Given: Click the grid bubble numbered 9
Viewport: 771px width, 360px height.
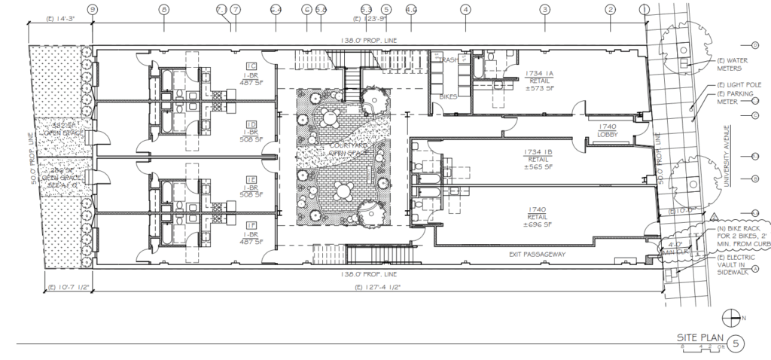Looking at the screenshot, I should [x=93, y=9].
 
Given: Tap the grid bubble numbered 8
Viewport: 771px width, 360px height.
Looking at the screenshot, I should [x=163, y=9].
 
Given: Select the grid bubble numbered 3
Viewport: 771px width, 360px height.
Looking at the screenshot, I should [x=544, y=9].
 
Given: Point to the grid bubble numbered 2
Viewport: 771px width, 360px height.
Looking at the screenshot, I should [x=611, y=9].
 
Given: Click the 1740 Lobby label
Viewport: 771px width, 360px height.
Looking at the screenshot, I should [x=607, y=130].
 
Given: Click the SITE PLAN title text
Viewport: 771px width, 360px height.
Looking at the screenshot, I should [x=695, y=339].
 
